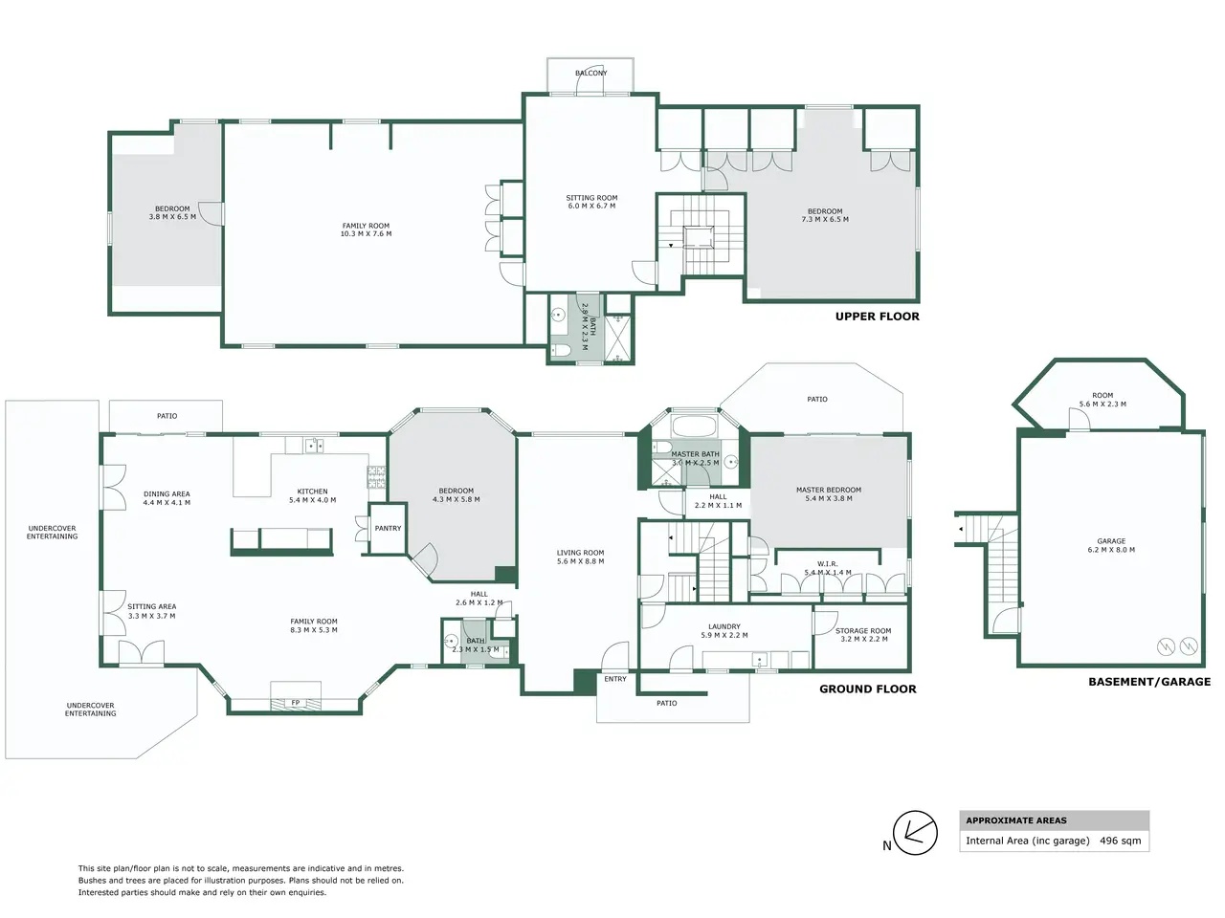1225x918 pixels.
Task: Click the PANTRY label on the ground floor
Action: click(x=388, y=528)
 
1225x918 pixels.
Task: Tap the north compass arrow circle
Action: click(x=915, y=833)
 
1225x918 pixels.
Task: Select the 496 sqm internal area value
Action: click(x=1120, y=841)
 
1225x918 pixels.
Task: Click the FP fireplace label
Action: click(x=295, y=703)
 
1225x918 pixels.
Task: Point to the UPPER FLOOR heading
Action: click(x=877, y=317)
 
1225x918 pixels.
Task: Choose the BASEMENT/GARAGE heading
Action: click(x=1149, y=682)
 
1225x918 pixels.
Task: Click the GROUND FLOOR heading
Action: click(x=867, y=688)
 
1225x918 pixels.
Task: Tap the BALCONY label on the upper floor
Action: click(x=591, y=73)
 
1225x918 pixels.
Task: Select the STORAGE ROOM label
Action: click(x=863, y=631)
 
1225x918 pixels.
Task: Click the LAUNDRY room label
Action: click(x=724, y=626)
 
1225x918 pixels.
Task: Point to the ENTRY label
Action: click(x=615, y=679)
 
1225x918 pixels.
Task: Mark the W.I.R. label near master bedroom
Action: click(x=827, y=563)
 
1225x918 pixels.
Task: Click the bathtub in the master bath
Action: click(x=694, y=426)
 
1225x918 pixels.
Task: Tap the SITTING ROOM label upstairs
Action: click(x=591, y=198)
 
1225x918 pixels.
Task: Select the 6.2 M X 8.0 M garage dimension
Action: click(x=1111, y=550)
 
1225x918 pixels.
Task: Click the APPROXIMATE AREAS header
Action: click(x=1015, y=820)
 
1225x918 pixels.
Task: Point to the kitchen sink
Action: click(x=314, y=446)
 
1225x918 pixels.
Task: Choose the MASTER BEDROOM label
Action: click(x=828, y=490)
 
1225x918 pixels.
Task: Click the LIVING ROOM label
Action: click(x=580, y=553)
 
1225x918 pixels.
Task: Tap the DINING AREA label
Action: click(x=167, y=493)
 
